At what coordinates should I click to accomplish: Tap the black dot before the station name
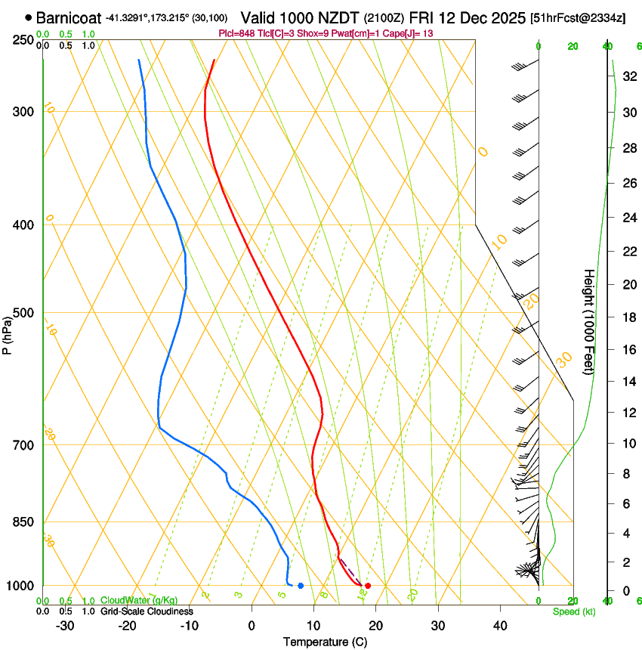[29, 17]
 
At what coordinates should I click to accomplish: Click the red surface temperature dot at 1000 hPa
[368, 586]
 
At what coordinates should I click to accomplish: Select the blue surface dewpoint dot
[301, 586]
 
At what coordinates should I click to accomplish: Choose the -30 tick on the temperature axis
[64, 625]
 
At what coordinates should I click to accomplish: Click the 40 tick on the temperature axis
[499, 625]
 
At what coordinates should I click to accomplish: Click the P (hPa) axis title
[7, 330]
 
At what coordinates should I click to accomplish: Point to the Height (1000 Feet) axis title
[590, 321]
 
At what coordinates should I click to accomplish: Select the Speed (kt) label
[573, 611]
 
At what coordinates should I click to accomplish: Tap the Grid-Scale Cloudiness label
[147, 611]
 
